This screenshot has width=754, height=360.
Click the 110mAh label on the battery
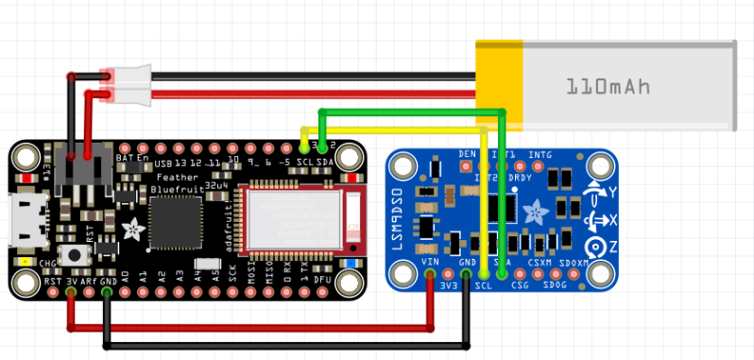608,86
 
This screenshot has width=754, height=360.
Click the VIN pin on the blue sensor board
431,276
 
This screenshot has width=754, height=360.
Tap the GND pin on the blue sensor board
466,276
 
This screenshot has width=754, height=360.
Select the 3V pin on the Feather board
71,293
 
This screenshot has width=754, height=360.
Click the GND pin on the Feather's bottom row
107,293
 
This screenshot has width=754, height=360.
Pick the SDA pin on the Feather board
323,148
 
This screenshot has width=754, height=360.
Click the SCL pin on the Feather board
304,148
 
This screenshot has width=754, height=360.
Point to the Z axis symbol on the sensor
594,248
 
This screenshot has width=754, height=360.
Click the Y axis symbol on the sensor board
594,192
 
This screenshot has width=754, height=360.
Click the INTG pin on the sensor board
540,166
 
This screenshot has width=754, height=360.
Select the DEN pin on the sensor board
467,166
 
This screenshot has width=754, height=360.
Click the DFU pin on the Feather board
322,293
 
